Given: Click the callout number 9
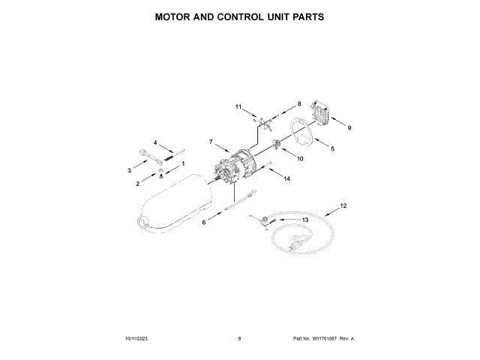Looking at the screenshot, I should point(349,127).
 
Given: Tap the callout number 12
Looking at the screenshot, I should point(343,205).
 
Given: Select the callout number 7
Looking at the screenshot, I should point(211,142).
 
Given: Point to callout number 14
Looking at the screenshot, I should point(286,179).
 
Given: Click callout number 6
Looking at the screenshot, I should point(202,223).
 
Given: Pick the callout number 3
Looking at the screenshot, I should point(128,171).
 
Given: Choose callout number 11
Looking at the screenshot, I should point(239,107).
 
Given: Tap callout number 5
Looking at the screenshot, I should point(333,149).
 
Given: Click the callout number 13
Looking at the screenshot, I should point(305,219).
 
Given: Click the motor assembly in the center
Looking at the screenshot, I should point(238,169).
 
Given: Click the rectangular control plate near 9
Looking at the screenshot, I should point(322,114).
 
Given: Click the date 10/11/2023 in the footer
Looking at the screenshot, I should point(137,339).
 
